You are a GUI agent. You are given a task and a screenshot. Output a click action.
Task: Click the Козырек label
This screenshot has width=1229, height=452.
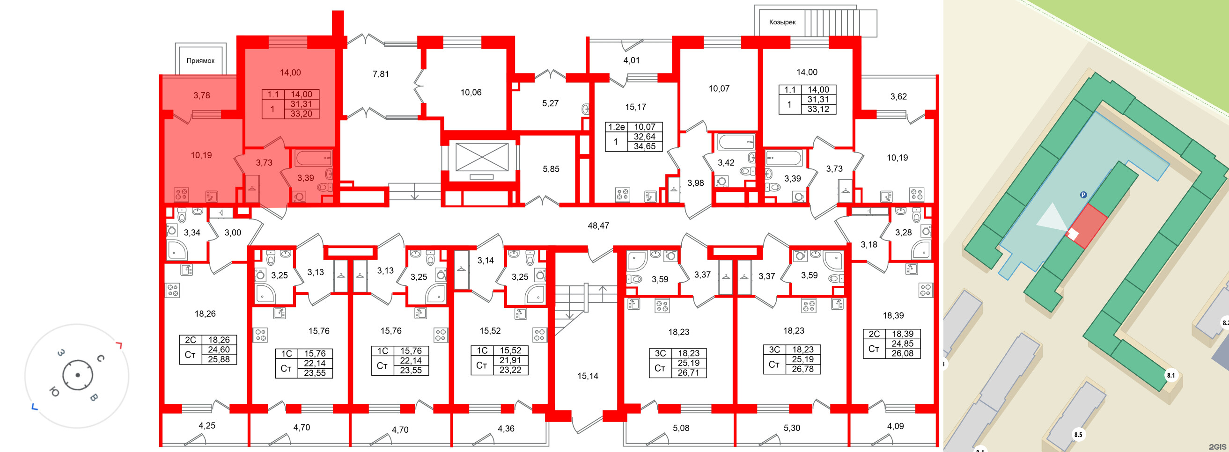(782, 22)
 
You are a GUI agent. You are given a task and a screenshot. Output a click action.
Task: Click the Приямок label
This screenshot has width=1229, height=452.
(200, 60)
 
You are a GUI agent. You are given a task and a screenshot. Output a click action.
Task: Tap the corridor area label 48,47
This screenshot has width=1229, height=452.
(598, 226)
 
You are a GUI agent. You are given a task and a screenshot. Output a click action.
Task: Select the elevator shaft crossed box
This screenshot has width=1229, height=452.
(482, 156)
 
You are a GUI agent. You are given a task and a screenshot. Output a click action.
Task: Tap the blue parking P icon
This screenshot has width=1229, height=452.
(1083, 195)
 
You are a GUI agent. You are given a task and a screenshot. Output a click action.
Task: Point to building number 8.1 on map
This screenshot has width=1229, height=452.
(1171, 375)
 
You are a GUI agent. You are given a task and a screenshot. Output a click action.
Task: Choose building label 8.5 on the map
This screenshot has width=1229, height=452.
(1078, 434)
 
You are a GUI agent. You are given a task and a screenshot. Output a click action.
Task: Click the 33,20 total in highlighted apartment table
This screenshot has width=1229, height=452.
(302, 114)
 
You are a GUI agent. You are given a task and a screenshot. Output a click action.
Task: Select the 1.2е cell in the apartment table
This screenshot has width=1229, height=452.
(617, 127)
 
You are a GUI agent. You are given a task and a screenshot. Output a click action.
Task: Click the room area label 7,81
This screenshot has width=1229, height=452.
(381, 74)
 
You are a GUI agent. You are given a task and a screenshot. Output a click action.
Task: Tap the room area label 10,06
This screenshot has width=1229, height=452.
(471, 93)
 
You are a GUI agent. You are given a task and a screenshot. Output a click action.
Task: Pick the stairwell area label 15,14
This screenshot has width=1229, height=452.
(588, 376)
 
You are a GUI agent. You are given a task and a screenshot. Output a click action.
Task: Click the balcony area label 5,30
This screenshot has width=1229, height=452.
(792, 428)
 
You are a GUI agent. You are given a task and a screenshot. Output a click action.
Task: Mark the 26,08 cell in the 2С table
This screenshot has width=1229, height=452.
(903, 353)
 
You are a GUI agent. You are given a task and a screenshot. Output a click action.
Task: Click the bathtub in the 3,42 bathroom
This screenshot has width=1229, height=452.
(736, 142)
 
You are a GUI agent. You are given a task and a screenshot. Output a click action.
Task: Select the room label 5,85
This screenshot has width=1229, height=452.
(551, 169)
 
